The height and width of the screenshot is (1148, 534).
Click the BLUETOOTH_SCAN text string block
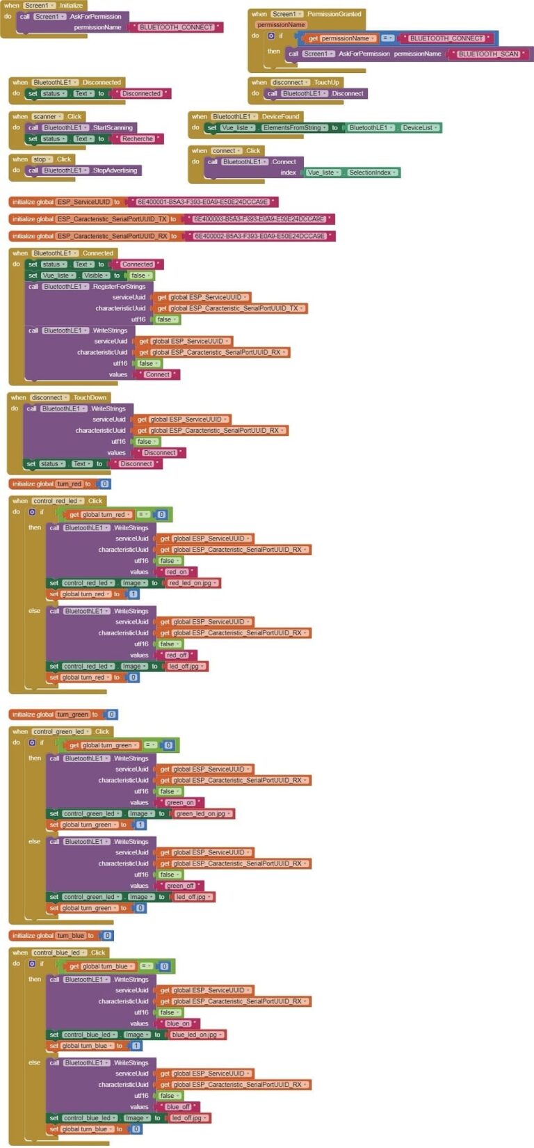[x=488, y=54]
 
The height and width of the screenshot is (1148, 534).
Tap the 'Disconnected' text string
[x=141, y=93]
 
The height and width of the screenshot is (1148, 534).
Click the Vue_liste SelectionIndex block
[x=352, y=173]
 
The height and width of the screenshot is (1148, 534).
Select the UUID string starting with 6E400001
[x=202, y=202]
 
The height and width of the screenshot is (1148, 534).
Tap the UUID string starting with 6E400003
[x=259, y=218]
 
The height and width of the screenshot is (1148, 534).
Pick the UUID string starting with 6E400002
[x=259, y=236]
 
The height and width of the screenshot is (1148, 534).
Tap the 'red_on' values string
[x=177, y=572]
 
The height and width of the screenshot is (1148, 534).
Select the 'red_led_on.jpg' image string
[x=193, y=583]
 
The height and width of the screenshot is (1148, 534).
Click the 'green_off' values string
[x=179, y=886]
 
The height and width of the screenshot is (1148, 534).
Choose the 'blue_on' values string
[x=178, y=1023]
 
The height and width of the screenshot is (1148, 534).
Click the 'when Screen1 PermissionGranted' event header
[x=306, y=13]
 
